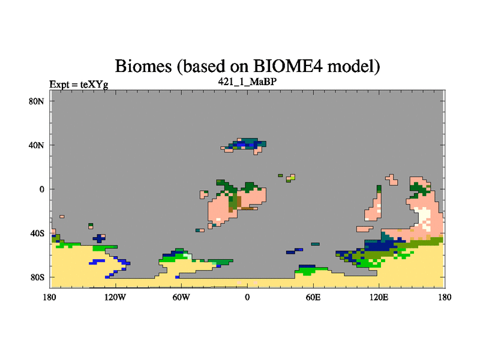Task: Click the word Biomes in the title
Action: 143,66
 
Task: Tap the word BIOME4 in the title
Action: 288,66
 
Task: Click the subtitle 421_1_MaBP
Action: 247,82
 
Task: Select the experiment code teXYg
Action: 94,85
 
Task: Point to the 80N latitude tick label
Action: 37,101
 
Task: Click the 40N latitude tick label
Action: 37,145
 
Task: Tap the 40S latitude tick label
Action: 37,233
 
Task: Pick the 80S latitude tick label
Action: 37,277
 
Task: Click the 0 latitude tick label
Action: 41,189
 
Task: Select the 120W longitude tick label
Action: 115,297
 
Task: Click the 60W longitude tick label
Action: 181,297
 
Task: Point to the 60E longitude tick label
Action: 313,297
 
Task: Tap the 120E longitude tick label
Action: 379,297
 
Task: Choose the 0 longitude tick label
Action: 247,297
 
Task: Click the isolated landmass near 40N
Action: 245,145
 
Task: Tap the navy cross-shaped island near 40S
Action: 99,238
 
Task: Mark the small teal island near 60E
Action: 316,244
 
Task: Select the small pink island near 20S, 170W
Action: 62,217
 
